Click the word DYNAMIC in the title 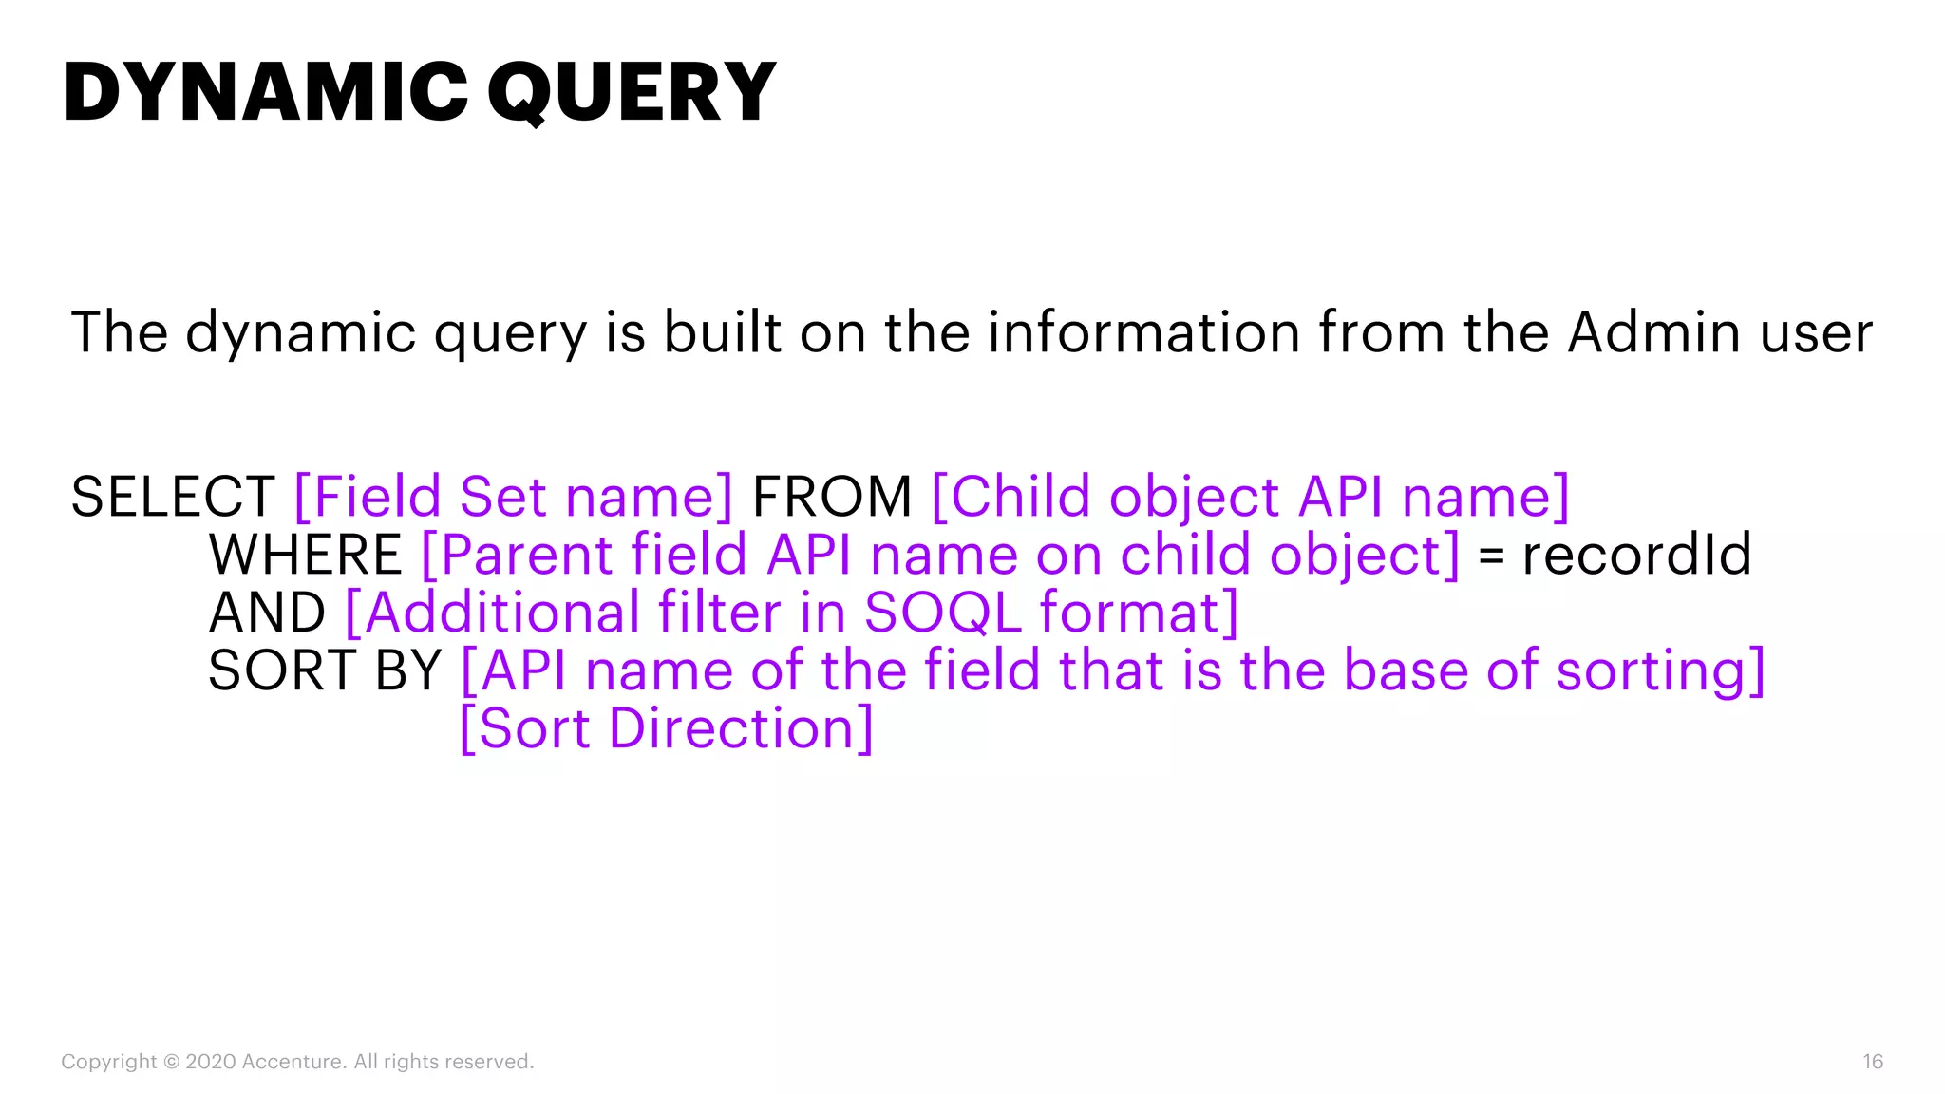[x=266, y=92]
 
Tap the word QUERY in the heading [x=632, y=92]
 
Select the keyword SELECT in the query [x=173, y=497]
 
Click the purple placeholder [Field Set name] [x=514, y=497]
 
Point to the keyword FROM [x=832, y=497]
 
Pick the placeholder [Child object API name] [x=1250, y=497]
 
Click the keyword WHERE [x=306, y=555]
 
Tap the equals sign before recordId [x=1491, y=556]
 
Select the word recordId [x=1636, y=555]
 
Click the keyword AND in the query [x=267, y=613]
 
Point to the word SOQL [x=942, y=613]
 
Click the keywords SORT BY [x=325, y=670]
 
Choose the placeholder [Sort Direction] [x=666, y=729]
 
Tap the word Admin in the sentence [x=1652, y=332]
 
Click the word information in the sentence [x=1142, y=332]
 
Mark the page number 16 [x=1872, y=1062]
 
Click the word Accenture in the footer [x=293, y=1062]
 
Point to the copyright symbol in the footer [x=171, y=1062]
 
